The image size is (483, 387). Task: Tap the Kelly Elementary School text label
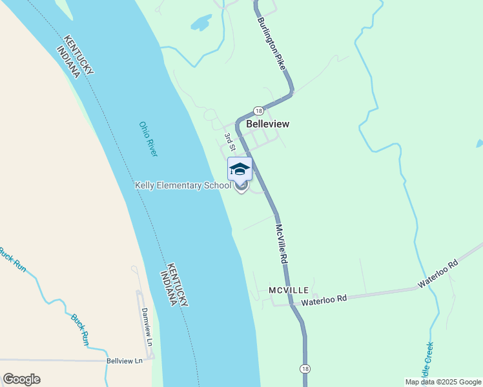[182, 186]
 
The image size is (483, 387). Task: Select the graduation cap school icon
[240, 169]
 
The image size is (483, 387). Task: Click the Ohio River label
[149, 139]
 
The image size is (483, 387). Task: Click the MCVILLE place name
[289, 291]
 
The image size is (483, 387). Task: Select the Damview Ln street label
[146, 324]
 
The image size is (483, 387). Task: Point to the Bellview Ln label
[124, 361]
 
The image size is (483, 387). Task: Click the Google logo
[21, 379]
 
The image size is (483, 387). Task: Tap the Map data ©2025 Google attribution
[443, 382]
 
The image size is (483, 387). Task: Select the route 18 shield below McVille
[304, 368]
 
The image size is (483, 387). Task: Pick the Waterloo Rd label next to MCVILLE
[324, 299]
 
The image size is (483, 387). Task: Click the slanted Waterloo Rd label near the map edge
[437, 273]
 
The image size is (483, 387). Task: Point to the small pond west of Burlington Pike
[201, 23]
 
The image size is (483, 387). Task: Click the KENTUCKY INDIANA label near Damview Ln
[174, 284]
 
